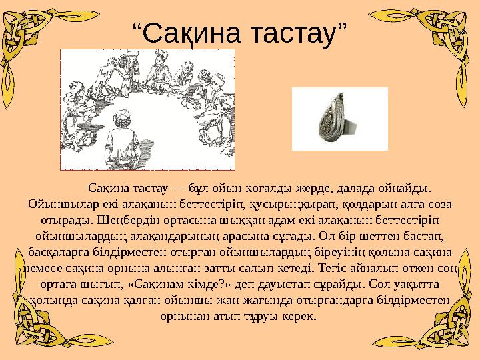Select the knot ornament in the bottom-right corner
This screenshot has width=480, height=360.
[x=453, y=327]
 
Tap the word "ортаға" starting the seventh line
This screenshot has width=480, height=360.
[x=47, y=283]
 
